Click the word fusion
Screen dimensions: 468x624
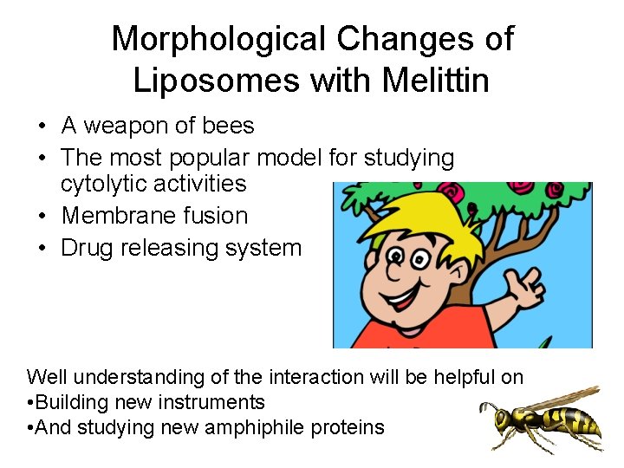point(218,215)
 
